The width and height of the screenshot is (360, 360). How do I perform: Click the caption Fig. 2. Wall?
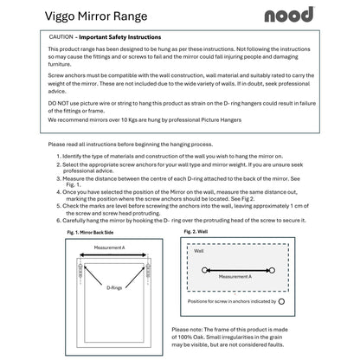(196, 233)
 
